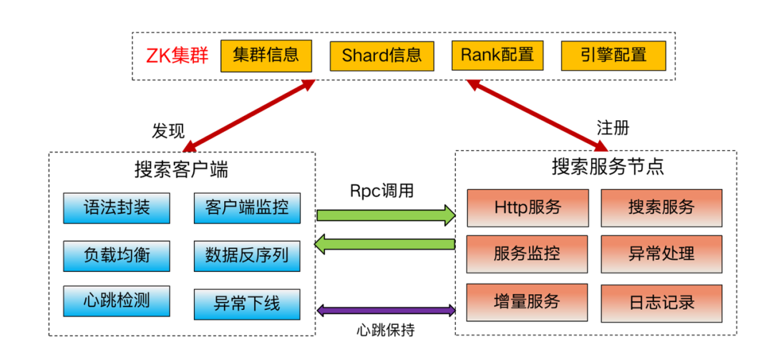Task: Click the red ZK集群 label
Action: click(177, 56)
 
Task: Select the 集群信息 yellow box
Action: click(266, 55)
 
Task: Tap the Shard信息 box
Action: click(381, 55)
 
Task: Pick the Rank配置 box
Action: click(497, 55)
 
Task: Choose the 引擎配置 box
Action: click(613, 55)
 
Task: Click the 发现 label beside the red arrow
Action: click(168, 131)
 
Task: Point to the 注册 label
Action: click(613, 128)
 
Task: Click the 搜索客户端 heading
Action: click(181, 170)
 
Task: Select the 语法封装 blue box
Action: click(117, 208)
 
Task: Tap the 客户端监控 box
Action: click(247, 208)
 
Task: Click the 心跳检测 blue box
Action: click(117, 300)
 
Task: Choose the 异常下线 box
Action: click(247, 303)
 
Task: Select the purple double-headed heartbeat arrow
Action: click(386, 311)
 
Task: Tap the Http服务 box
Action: click(528, 208)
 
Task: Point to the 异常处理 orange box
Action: click(661, 253)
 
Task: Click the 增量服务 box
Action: click(527, 301)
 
